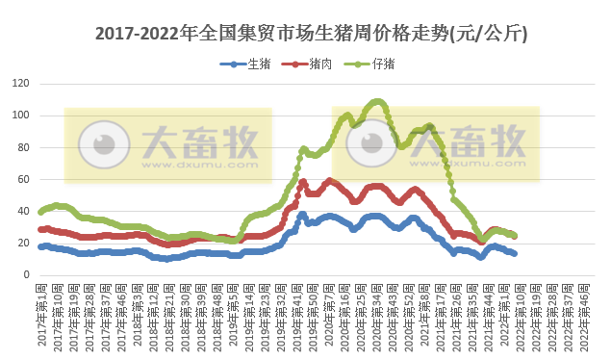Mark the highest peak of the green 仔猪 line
378,101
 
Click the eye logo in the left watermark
97,144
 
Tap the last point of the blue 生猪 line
514,253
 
